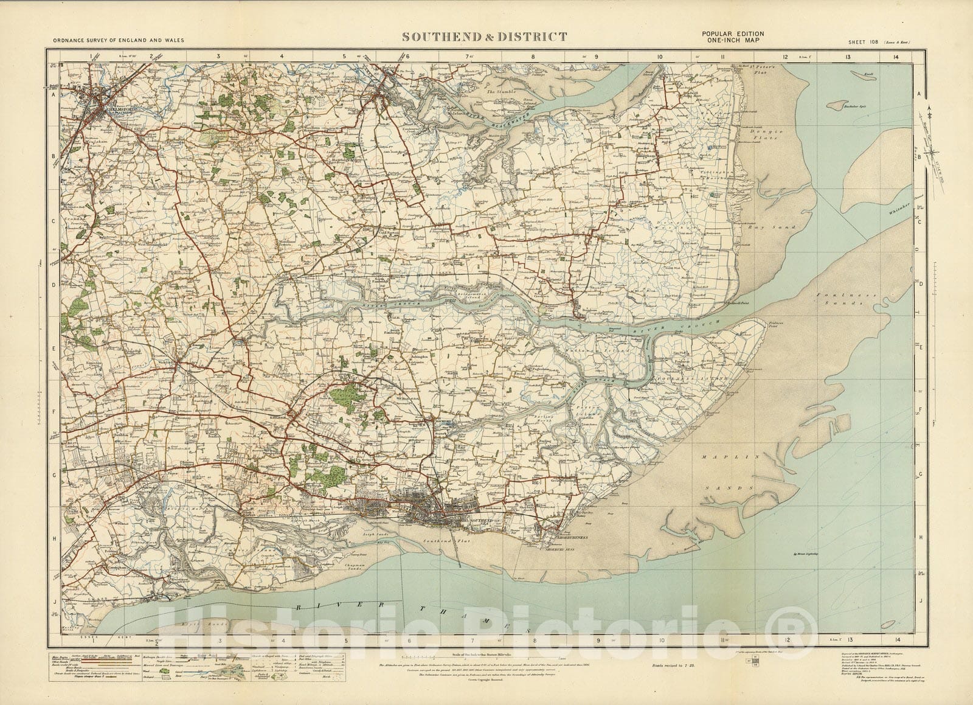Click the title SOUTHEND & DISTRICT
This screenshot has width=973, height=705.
click(485, 37)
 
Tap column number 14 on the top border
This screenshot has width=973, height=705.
click(898, 57)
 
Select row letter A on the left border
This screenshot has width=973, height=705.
click(53, 95)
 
